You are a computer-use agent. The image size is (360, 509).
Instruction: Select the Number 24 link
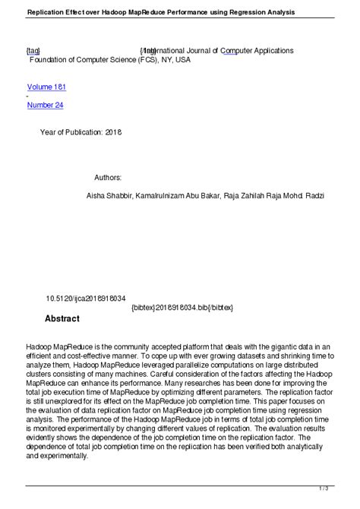pyautogui.click(x=45, y=105)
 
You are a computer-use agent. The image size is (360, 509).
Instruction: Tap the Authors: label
pyautogui.click(x=109, y=177)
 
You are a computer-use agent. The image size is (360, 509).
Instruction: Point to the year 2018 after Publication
pyautogui.click(x=112, y=131)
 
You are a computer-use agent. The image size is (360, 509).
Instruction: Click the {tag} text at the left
pyautogui.click(x=33, y=50)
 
